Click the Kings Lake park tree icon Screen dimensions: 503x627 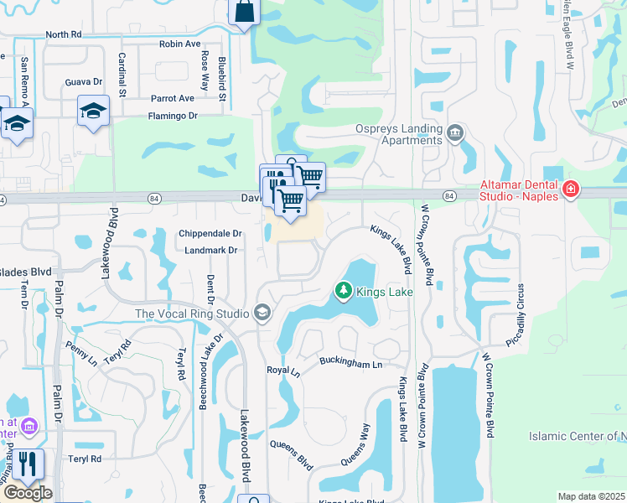pyautogui.click(x=343, y=291)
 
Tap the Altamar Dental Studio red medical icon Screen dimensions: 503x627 pyautogui.click(x=571, y=189)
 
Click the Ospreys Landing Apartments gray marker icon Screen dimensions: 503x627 pyautogui.click(x=455, y=132)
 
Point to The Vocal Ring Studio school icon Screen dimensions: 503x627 pyautogui.click(x=262, y=314)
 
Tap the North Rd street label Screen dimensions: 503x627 pyautogui.click(x=64, y=35)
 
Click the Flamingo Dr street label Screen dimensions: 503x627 pyautogui.click(x=172, y=116)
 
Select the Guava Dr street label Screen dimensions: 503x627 pyautogui.click(x=83, y=82)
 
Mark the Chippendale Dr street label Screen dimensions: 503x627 pyautogui.click(x=210, y=234)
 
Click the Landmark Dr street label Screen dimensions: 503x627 pyautogui.click(x=210, y=250)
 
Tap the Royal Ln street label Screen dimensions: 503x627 pyautogui.click(x=283, y=370)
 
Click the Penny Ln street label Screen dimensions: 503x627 pyautogui.click(x=81, y=353)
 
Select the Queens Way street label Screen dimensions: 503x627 pyautogui.click(x=355, y=444)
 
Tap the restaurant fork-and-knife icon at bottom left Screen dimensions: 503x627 pyautogui.click(x=28, y=464)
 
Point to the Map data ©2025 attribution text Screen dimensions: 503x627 pyautogui.click(x=591, y=496)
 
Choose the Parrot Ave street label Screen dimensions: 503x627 pyautogui.click(x=173, y=99)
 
